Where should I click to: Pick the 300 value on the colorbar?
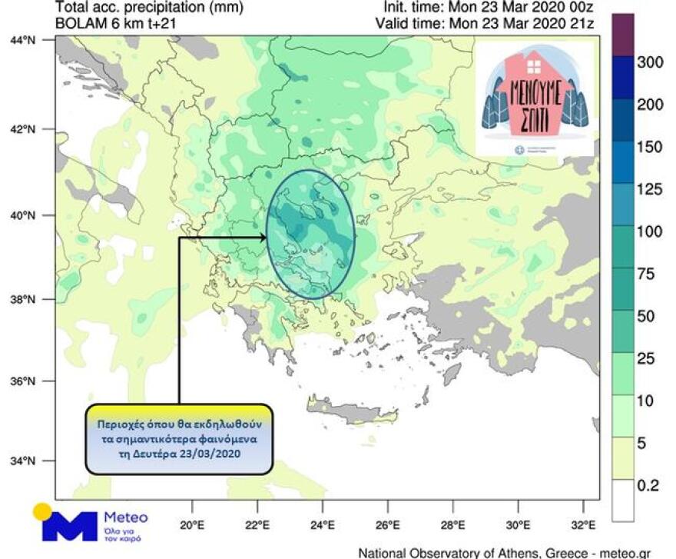click(648, 62)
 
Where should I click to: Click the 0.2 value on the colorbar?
click(648, 486)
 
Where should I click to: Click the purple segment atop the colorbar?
click(622, 35)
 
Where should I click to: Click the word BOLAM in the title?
click(78, 24)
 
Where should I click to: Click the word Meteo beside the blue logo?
click(125, 517)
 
